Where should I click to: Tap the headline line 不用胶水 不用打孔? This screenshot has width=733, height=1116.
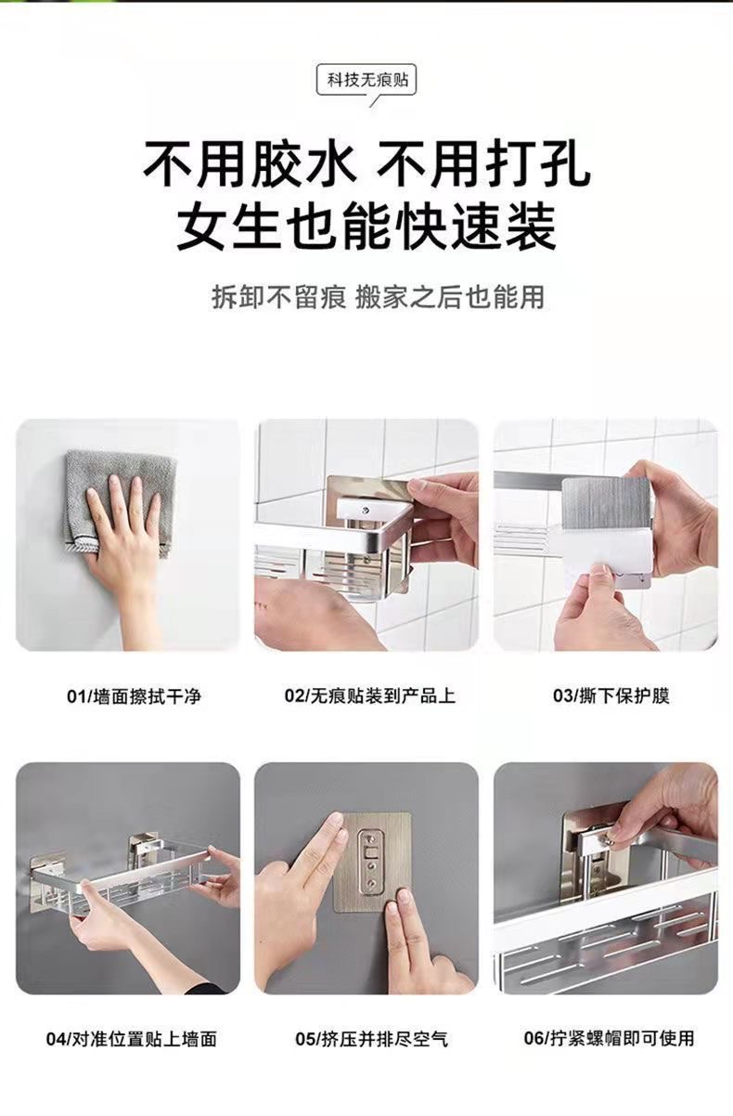coord(367,164)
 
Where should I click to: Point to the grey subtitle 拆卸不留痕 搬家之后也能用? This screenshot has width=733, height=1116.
coord(378,297)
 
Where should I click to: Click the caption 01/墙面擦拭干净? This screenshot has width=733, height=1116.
coord(134,696)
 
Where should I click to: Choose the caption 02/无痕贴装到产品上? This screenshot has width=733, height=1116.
coord(370,695)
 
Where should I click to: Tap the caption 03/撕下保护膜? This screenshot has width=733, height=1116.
coord(611,695)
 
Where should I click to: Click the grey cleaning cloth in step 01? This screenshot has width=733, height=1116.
coord(120,498)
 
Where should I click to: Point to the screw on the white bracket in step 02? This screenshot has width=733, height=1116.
coord(366,509)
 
